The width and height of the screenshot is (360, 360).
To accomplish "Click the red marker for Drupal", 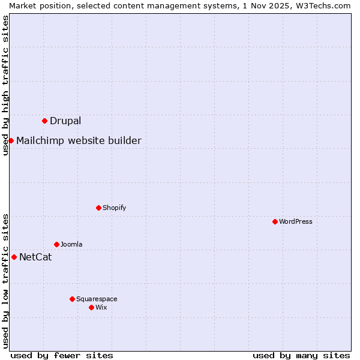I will pyautogui.click(x=44, y=121).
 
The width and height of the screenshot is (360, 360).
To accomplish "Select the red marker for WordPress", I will pyautogui.click(x=275, y=221).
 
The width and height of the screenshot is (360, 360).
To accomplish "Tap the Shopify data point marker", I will pyautogui.click(x=98, y=208).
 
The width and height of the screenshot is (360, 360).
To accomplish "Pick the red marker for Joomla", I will pyautogui.click(x=56, y=244).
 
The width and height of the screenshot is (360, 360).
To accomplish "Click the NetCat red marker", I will pyautogui.click(x=14, y=257).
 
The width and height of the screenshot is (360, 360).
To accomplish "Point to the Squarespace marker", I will pyautogui.click(x=72, y=299).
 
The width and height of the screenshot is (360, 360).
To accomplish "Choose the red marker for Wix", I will pyautogui.click(x=91, y=307).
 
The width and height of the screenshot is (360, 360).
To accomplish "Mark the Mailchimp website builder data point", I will pyautogui.click(x=11, y=140).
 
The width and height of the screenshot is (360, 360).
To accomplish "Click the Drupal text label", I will pyautogui.click(x=65, y=121).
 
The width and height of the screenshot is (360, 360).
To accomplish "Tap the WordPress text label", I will pyautogui.click(x=296, y=221).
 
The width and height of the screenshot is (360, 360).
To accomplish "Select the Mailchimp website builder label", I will pyautogui.click(x=79, y=141).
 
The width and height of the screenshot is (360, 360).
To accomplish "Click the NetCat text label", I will pyautogui.click(x=35, y=257).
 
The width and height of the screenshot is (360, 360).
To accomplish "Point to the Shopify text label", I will pyautogui.click(x=114, y=208).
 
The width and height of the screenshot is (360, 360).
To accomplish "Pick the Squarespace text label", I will pyautogui.click(x=97, y=299).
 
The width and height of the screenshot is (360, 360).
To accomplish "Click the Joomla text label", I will pyautogui.click(x=71, y=244).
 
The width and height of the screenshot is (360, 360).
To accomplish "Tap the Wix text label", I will pyautogui.click(x=101, y=307).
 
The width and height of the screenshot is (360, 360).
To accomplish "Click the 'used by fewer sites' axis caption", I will pyautogui.click(x=62, y=355).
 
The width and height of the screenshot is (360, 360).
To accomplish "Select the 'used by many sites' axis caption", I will pyautogui.click(x=301, y=355).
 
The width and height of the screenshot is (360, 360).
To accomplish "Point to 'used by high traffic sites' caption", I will pyautogui.click(x=5, y=85).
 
